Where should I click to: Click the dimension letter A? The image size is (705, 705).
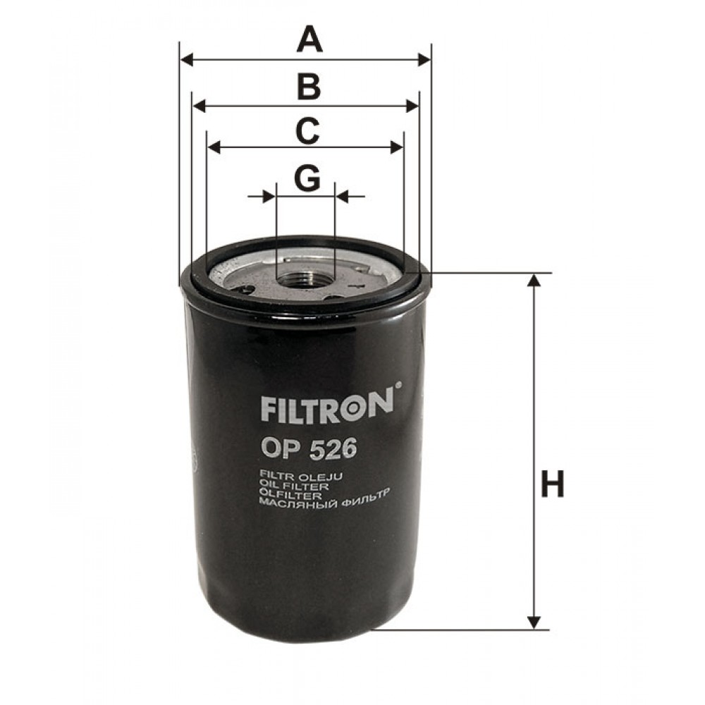pyautogui.click(x=309, y=39)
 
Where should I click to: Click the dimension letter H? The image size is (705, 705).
pyautogui.click(x=553, y=485)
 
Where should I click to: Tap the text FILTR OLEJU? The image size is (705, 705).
pyautogui.click(x=301, y=477)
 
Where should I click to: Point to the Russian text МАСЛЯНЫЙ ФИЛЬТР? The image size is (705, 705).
pyautogui.click(x=325, y=505)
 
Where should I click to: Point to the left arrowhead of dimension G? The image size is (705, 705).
pyautogui.click(x=270, y=196)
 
